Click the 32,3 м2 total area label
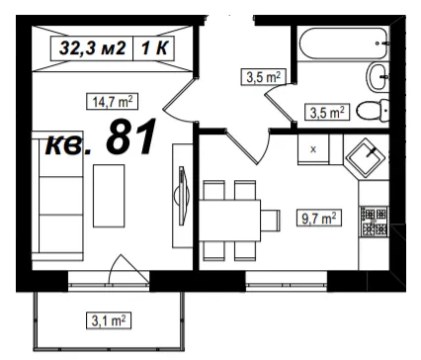pyautogui.click(x=92, y=48)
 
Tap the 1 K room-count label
pyautogui.click(x=154, y=48)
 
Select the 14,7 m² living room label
pyautogui.click(x=112, y=102)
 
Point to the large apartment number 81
pyautogui.click(x=130, y=136)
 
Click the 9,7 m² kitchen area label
pyautogui.click(x=319, y=218)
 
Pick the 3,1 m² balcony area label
pyautogui.click(x=109, y=320)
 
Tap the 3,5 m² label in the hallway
pyautogui.click(x=263, y=77)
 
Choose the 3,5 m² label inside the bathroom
pyautogui.click(x=327, y=112)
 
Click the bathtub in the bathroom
pyautogui.click(x=344, y=44)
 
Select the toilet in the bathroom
pyautogui.click(x=373, y=111)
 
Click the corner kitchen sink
pyautogui.click(x=367, y=158)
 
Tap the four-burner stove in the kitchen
pyautogui.click(x=375, y=222)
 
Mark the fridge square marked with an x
pyautogui.click(x=313, y=149)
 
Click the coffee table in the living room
pyautogui.click(x=109, y=196)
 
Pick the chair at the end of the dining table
pyautogui.click(x=271, y=221)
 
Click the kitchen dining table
pyautogui.click(x=229, y=221)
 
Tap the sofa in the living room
pyautogui.click(x=57, y=196)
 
